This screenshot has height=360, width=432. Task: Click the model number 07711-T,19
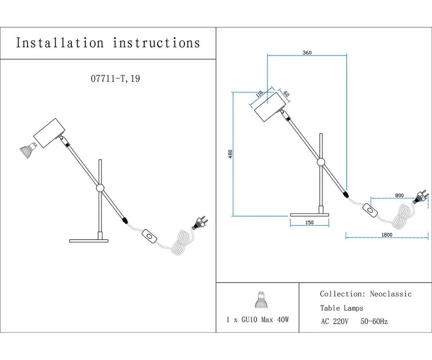(115, 78)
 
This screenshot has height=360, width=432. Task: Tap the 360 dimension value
(307, 53)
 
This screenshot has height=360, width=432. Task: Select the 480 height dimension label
(230, 154)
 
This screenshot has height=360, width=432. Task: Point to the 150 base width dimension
(309, 222)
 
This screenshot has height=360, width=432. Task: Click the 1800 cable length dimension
(387, 235)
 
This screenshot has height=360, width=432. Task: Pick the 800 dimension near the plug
(399, 195)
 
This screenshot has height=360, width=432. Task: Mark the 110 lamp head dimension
(259, 95)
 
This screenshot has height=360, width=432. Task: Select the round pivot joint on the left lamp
(100, 188)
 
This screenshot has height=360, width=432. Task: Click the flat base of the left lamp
(89, 240)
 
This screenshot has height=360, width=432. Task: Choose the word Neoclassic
(391, 294)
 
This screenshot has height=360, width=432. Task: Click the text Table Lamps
(342, 308)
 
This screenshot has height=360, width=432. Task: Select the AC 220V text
(334, 321)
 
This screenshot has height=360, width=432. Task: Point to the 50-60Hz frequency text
(374, 321)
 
